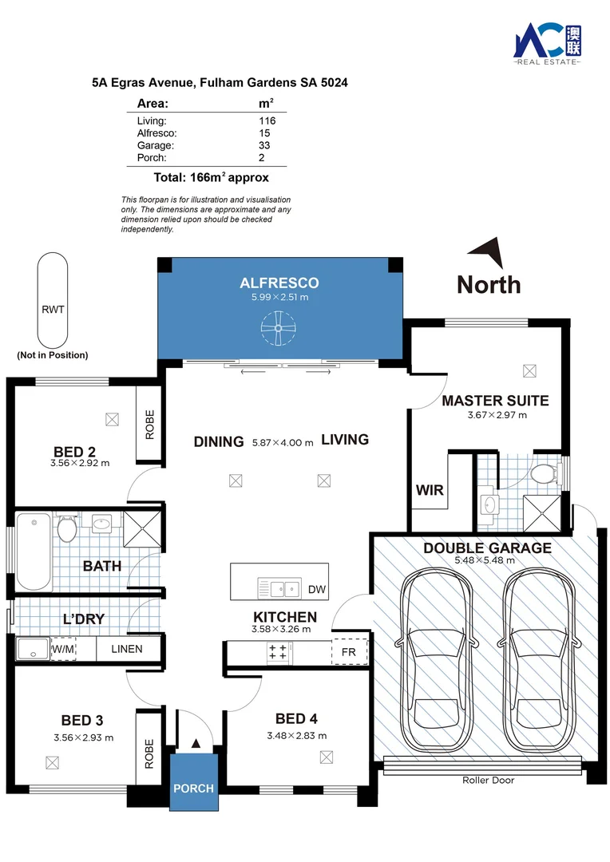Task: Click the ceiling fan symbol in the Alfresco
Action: (x=279, y=328)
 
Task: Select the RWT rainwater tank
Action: (x=53, y=300)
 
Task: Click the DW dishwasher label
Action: (x=317, y=590)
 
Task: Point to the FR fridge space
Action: (x=349, y=652)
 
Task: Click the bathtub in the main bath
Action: (x=34, y=552)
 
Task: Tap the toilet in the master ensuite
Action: (x=545, y=473)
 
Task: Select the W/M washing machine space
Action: (x=63, y=649)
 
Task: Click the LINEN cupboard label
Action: (x=127, y=649)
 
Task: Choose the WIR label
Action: (x=430, y=490)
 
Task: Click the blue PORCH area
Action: (x=193, y=782)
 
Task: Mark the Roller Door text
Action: (x=489, y=780)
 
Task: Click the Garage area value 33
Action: (x=264, y=146)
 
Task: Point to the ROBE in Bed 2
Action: (x=149, y=425)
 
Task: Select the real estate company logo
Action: (x=547, y=44)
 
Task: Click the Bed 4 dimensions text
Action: (x=297, y=736)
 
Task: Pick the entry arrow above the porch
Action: (x=196, y=744)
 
